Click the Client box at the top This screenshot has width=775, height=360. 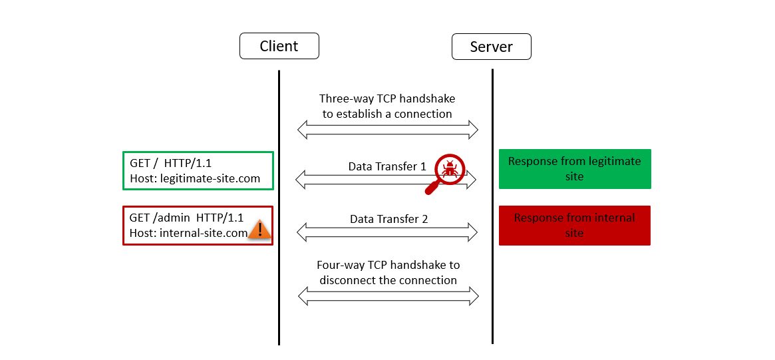click(279, 47)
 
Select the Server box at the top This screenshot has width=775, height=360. click(491, 47)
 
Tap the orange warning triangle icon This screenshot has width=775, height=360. click(260, 230)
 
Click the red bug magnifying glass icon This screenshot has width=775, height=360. click(449, 170)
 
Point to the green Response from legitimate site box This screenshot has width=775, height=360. click(574, 169)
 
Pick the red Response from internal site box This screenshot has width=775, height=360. click(574, 226)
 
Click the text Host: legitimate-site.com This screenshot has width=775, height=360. click(195, 178)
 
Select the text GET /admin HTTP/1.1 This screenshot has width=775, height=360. click(186, 218)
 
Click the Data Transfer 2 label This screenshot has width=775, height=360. click(388, 218)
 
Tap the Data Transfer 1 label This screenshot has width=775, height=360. click(387, 166)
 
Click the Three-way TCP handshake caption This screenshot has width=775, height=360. click(387, 106)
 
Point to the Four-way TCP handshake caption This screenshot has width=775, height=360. click(388, 272)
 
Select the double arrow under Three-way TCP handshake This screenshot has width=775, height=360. click(387, 130)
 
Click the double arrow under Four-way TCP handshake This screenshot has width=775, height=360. click(388, 296)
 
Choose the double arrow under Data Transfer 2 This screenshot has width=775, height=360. click(387, 232)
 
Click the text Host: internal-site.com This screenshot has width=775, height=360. click(188, 233)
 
